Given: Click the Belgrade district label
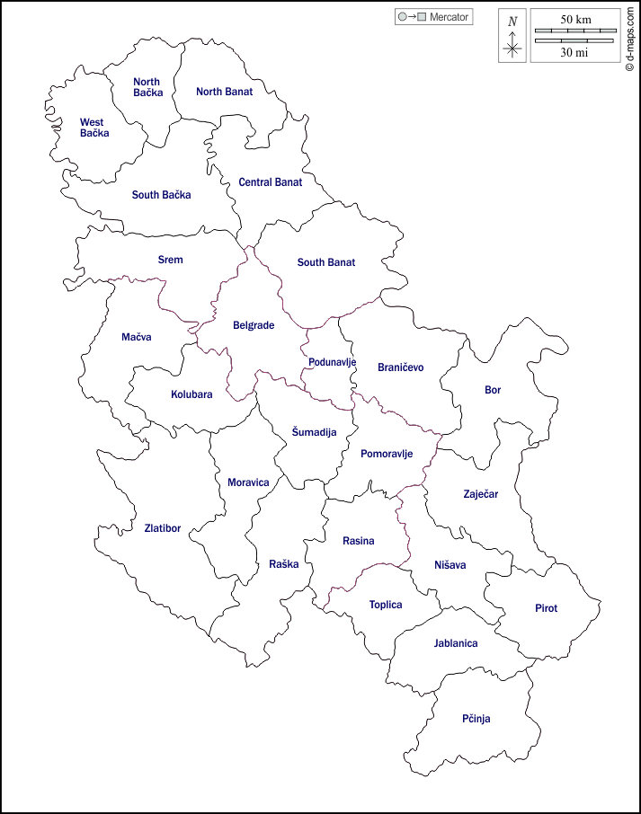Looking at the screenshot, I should (254, 325).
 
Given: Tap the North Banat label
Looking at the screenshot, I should (225, 92).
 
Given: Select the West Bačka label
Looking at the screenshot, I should (93, 128).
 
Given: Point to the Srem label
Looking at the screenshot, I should (170, 260).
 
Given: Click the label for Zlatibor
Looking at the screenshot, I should (163, 528).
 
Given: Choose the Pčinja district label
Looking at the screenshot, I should (476, 719).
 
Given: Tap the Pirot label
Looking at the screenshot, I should (546, 608).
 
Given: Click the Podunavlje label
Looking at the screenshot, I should (332, 362).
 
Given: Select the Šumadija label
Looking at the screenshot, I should (314, 432).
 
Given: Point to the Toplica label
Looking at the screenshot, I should (386, 605).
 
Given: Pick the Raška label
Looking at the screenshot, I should (283, 564).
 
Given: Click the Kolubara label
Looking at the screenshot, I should (191, 394).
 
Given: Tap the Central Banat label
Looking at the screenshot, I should (270, 182).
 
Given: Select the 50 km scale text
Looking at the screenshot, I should (575, 19).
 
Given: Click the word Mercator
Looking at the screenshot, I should (450, 17).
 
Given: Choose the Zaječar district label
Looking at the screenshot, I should (480, 494).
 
